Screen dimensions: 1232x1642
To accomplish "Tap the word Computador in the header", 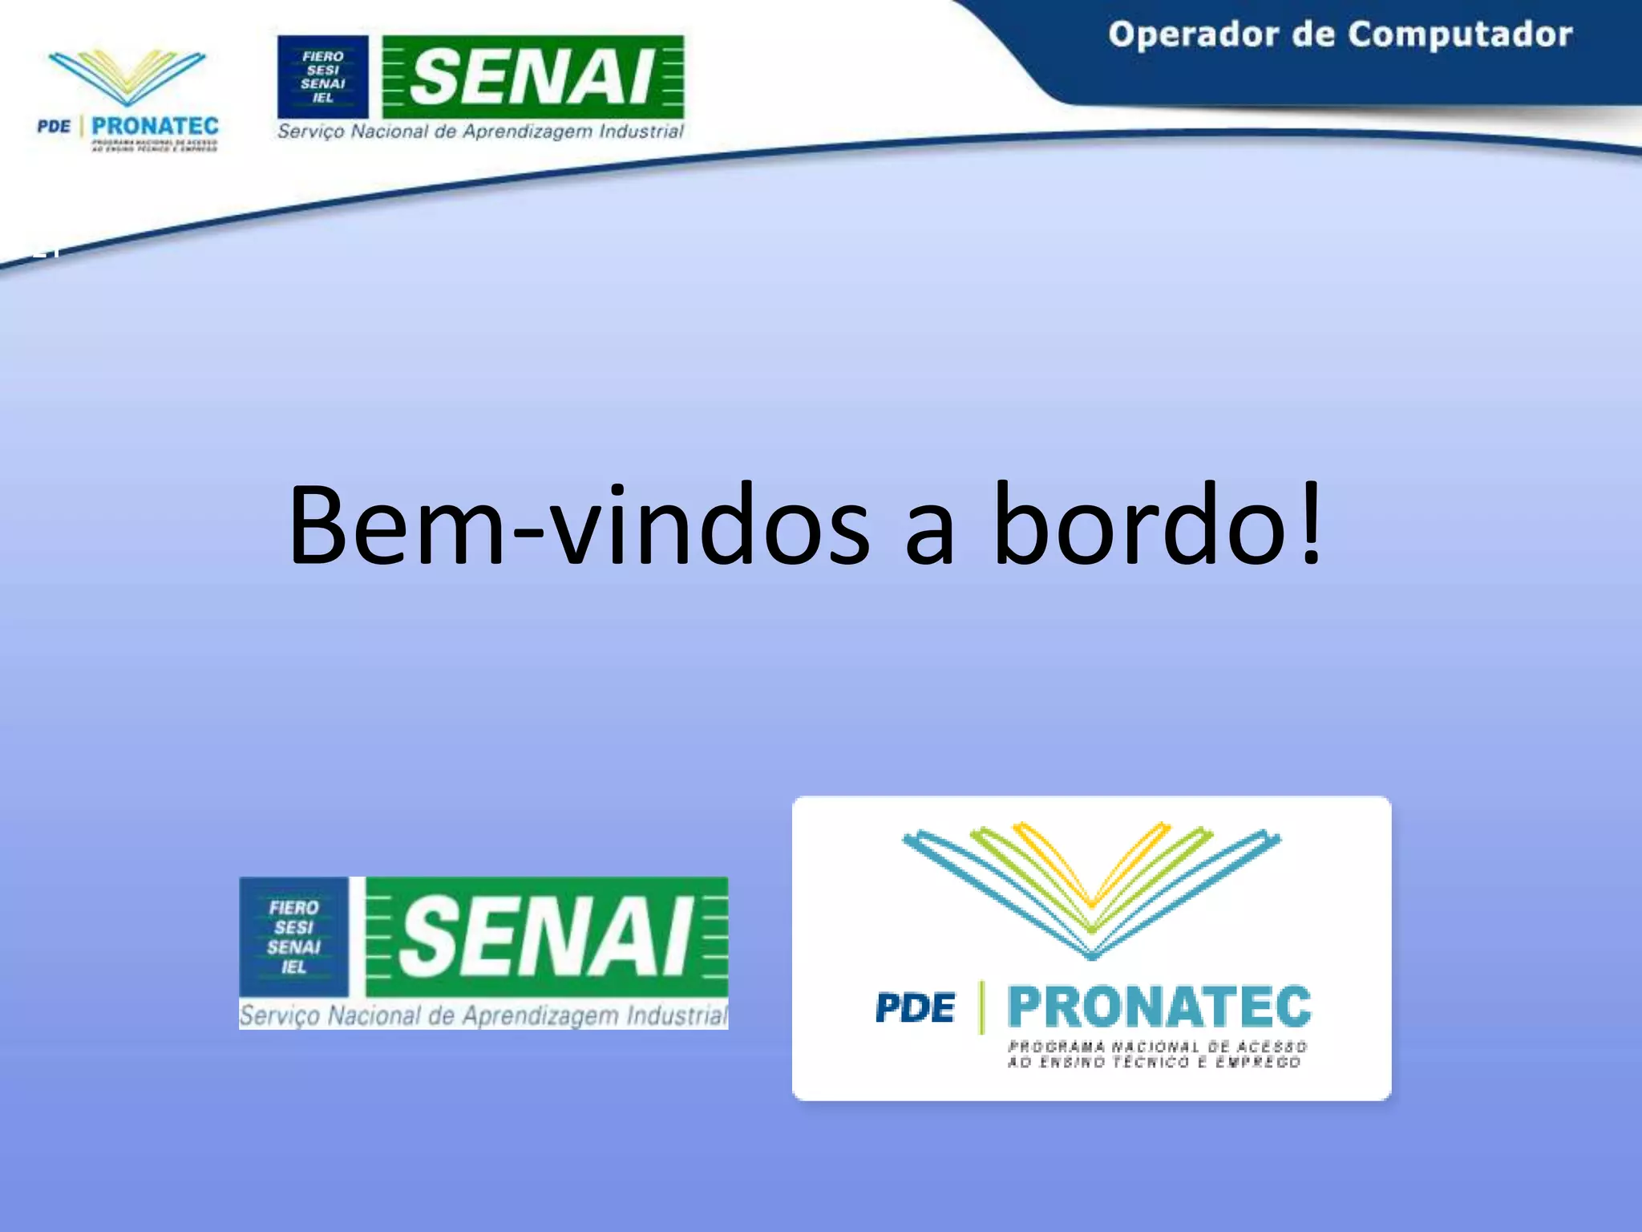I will [x=1459, y=35].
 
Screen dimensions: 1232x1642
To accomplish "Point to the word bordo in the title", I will [x=1139, y=525].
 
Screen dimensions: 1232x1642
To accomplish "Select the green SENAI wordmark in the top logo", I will [x=533, y=77].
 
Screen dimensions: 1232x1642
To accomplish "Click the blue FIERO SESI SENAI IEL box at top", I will [x=322, y=77].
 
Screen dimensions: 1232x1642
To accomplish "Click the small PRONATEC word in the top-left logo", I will [x=155, y=126].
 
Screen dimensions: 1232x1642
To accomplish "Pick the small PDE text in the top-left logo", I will [x=54, y=127].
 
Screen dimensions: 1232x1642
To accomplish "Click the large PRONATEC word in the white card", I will [x=1159, y=1007].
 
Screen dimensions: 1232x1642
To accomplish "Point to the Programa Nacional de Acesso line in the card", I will [x=1157, y=1047].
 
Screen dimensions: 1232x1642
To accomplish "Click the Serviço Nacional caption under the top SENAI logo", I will [x=480, y=132].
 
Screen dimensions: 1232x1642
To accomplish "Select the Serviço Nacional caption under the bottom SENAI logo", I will [x=483, y=1015].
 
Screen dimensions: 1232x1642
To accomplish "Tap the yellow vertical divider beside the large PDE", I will [x=981, y=1007].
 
